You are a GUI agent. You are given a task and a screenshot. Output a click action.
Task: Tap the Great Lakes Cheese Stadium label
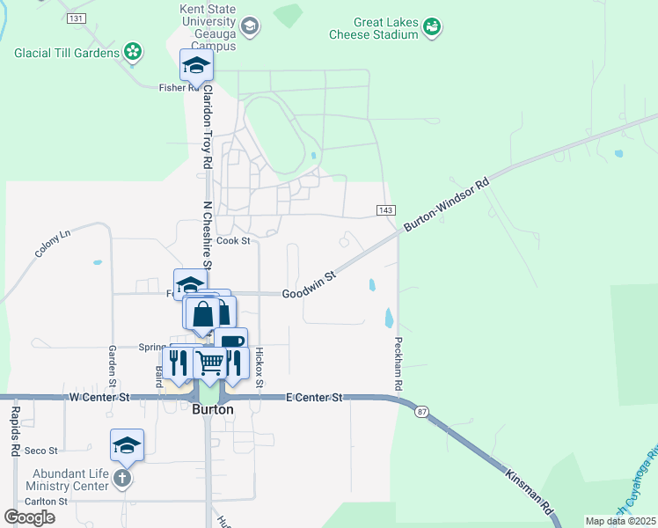pyautogui.click(x=373, y=28)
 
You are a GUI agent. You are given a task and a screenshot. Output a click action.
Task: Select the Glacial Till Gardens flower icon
pyautogui.click(x=133, y=53)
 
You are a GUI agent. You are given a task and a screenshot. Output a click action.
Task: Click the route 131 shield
pyautogui.click(x=77, y=18)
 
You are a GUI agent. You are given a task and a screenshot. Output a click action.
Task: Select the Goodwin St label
pyautogui.click(x=310, y=284)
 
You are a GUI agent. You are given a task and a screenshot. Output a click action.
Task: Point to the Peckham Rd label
pyautogui.click(x=398, y=363)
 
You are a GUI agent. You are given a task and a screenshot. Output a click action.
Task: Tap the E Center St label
pyautogui.click(x=314, y=398)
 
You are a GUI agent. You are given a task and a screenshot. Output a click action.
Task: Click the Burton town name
pyautogui.click(x=211, y=410)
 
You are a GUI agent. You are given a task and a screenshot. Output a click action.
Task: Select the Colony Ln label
pyautogui.click(x=53, y=243)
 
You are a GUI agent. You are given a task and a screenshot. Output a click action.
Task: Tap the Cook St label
pyautogui.click(x=233, y=240)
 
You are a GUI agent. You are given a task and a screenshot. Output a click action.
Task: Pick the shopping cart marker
pyautogui.click(x=210, y=361)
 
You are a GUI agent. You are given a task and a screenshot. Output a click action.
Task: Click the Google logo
pyautogui.click(x=30, y=517)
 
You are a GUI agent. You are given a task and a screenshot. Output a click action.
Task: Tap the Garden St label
pyautogui.click(x=113, y=365)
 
